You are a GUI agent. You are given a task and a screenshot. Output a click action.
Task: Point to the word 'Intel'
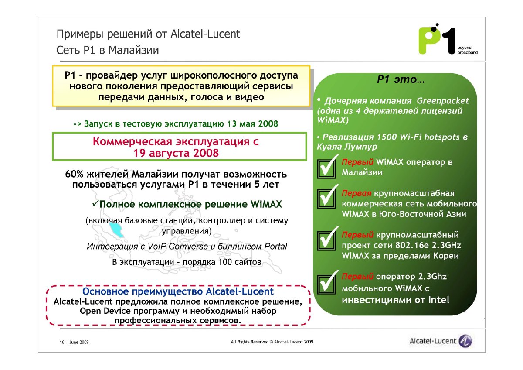pos(438,300)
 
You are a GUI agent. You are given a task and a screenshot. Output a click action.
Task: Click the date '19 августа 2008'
pos(176,153)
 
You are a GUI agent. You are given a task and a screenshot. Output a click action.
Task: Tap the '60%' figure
pos(74,175)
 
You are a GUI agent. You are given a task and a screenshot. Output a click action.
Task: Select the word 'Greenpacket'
pos(443,101)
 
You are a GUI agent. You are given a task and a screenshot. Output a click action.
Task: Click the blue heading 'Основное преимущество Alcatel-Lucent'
pos(178,291)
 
